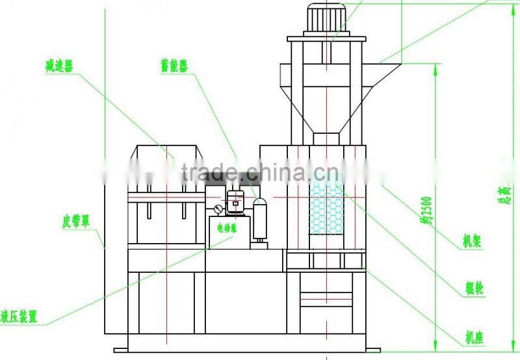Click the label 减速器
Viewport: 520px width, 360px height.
click(58, 66)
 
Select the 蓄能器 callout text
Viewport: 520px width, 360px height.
click(174, 66)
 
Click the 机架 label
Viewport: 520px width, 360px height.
click(471, 241)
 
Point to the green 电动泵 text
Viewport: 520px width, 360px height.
click(226, 227)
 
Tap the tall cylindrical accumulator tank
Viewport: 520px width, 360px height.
click(261, 220)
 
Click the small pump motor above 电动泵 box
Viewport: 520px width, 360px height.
click(235, 201)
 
